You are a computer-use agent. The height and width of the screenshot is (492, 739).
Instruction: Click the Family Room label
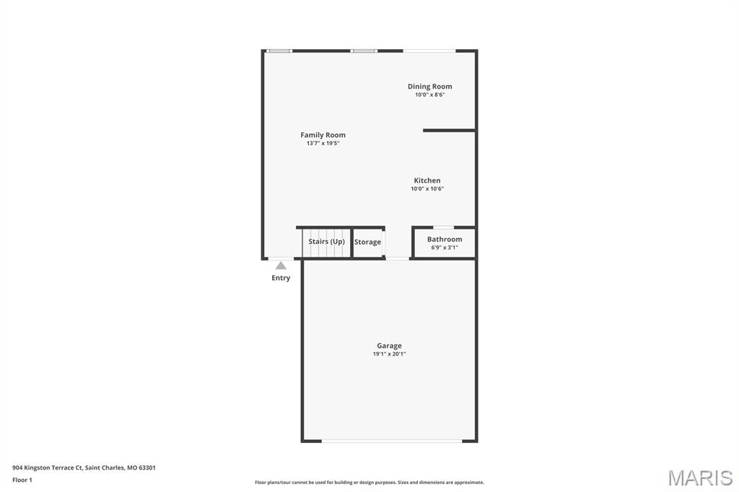coord(323,135)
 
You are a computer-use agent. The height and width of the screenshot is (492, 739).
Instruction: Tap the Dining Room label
coord(429,87)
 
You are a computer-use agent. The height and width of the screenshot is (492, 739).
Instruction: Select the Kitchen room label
coord(427,180)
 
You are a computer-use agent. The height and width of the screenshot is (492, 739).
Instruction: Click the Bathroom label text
coord(445,239)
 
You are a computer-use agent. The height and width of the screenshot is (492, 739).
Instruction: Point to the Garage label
coord(389,346)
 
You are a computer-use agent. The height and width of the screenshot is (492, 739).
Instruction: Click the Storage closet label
coord(367,242)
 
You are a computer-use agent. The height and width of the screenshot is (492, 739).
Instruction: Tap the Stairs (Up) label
coord(327,241)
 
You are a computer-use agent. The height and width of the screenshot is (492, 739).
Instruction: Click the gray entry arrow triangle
coord(281,265)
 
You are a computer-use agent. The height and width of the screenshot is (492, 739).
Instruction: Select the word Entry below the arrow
coord(281,278)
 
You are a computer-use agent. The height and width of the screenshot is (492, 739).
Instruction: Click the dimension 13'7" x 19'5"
coord(323,144)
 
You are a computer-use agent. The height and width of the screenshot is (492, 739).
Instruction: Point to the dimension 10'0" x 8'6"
coord(429,95)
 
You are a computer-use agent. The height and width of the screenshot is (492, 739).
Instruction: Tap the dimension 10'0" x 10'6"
coord(427,189)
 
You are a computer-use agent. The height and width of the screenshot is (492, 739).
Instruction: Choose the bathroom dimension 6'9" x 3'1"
coord(445,247)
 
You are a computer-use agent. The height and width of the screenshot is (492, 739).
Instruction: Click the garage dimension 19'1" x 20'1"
coord(389,354)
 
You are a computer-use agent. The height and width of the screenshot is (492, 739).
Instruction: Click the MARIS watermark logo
coord(699,477)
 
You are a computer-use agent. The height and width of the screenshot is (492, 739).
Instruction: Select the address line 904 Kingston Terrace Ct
coord(84,467)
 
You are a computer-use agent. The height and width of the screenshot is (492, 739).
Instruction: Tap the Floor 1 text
coord(22,480)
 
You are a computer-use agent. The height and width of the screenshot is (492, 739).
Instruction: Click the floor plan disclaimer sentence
coord(369,483)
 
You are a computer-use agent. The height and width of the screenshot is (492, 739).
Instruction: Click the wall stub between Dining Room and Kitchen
coord(449,131)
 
